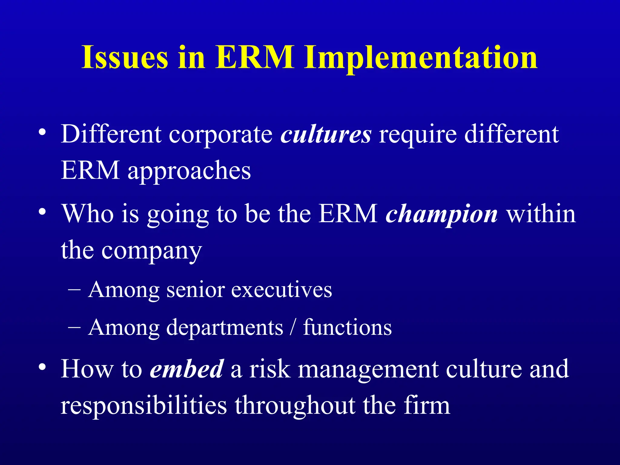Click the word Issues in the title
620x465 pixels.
pos(124,58)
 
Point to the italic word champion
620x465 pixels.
pos(441,214)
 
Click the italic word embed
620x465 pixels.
pos(187,369)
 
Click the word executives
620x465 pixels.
pos(282,290)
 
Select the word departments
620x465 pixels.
pos(225,328)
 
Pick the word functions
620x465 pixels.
pos(347,328)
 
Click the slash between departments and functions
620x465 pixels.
pos(292,328)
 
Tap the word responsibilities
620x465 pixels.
pos(143,405)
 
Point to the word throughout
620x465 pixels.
pos(295,406)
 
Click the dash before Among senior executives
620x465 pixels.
pos(74,290)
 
